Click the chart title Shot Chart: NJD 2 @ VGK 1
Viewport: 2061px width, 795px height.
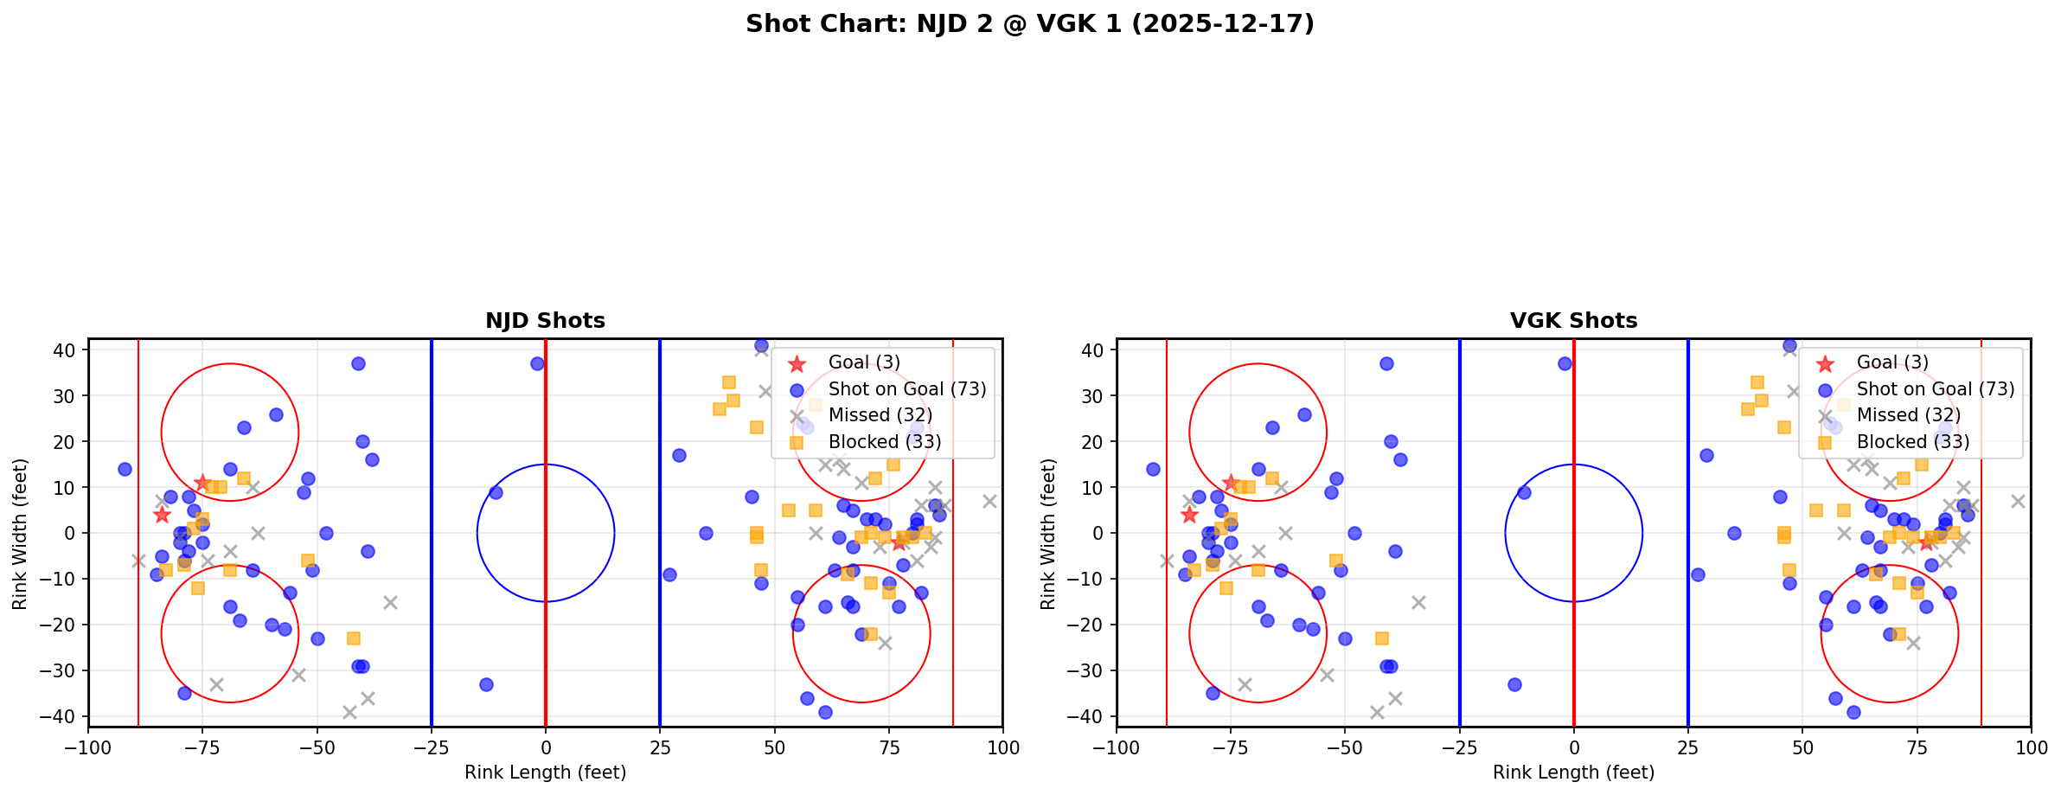coord(1029,24)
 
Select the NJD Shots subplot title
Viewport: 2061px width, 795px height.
coord(545,321)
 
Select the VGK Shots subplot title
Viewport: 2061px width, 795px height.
coord(1573,321)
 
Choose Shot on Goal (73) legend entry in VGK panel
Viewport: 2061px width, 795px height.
coord(1935,389)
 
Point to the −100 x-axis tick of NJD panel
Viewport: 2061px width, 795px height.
coord(88,747)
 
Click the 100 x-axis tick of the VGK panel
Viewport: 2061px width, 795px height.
coord(2031,747)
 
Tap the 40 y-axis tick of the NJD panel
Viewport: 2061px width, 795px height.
coord(65,350)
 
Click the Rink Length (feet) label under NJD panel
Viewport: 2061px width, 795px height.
coord(545,773)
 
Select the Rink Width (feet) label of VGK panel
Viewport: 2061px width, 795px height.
coord(1048,533)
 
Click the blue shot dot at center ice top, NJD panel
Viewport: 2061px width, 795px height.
coord(537,364)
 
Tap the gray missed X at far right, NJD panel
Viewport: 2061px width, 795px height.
coord(989,501)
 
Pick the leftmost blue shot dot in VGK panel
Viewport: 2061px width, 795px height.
coord(1153,469)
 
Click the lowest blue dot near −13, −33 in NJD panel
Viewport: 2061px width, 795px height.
coord(486,684)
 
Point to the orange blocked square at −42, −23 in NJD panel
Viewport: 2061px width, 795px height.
coord(353,638)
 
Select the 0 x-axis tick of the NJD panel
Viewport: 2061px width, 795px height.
coord(545,747)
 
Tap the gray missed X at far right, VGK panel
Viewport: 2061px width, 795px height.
coord(2018,501)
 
